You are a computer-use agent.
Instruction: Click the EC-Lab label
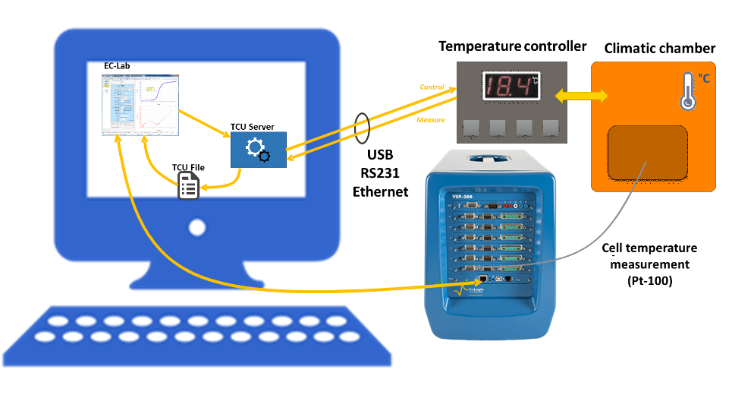(117, 66)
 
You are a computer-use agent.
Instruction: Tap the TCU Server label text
(253, 127)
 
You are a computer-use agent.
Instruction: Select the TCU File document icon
(188, 185)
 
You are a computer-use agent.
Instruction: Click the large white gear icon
(254, 146)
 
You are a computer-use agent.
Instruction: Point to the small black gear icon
(264, 156)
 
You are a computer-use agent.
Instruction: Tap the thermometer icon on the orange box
(687, 91)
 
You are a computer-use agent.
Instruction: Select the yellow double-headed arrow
(581, 96)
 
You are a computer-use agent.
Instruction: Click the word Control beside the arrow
(432, 87)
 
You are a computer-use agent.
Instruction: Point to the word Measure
(430, 120)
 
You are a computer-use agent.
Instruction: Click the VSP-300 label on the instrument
(463, 196)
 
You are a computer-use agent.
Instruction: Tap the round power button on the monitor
(197, 227)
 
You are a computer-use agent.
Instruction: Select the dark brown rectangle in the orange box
(647, 153)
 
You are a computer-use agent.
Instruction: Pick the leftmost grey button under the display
(473, 127)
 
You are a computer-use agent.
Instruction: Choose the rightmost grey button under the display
(550, 127)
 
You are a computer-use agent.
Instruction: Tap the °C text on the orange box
(703, 79)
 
